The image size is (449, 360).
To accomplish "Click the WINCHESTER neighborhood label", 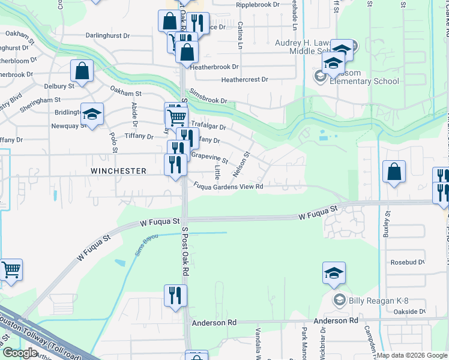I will click(118, 171).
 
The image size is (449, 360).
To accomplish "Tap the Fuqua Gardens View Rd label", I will click(229, 187).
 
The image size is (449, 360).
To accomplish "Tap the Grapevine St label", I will click(209, 158).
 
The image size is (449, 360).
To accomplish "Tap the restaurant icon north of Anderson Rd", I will click(175, 295).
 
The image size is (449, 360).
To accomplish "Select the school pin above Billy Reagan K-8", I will click(334, 273).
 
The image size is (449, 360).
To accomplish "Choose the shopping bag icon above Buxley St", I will click(394, 172).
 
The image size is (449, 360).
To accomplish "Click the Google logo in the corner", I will click(20, 353).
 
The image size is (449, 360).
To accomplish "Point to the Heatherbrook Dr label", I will click(215, 67).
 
